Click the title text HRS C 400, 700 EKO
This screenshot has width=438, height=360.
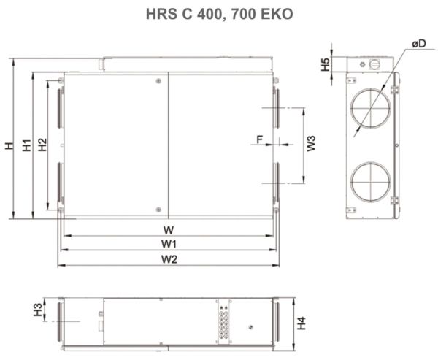[x=219, y=14]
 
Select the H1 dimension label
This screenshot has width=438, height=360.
[x=26, y=145]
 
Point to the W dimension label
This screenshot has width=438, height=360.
[x=169, y=229]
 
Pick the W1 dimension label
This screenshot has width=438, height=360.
[x=169, y=243]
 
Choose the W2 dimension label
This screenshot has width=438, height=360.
[x=169, y=259]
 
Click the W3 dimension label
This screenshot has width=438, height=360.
[x=311, y=143]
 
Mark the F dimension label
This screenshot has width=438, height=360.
[x=259, y=137]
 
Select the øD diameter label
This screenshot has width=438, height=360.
[x=419, y=45]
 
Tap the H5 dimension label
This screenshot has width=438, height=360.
[x=325, y=63]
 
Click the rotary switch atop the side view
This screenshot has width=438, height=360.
[x=376, y=64]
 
